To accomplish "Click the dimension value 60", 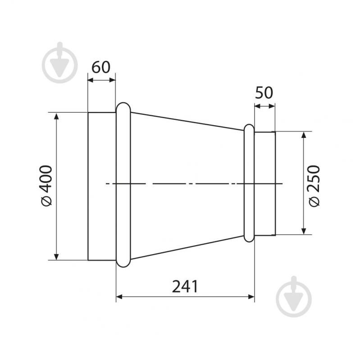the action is pyautogui.click(x=101, y=67).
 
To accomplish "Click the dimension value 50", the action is pyautogui.click(x=264, y=92).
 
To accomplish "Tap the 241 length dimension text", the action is pyautogui.click(x=185, y=287).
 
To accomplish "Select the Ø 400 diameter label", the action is pyautogui.click(x=47, y=186).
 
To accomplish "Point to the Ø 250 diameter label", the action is pyautogui.click(x=314, y=186).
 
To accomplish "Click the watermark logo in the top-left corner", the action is pyautogui.click(x=59, y=63).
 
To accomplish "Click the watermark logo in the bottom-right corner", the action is pyautogui.click(x=294, y=296).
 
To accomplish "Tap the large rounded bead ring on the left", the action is pyautogui.click(x=117, y=185).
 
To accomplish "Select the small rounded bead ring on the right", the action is pyautogui.click(x=244, y=183).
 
